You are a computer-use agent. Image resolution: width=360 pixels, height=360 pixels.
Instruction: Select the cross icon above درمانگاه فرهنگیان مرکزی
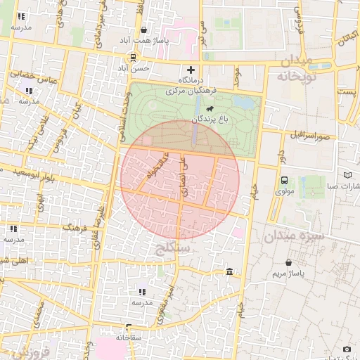tap(191, 70)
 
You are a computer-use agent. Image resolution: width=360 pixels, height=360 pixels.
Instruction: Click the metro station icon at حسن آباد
tap(133, 57)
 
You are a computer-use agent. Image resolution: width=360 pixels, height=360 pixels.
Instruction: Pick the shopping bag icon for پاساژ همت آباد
tap(144, 30)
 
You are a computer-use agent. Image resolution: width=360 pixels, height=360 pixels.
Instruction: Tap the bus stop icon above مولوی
tap(284, 179)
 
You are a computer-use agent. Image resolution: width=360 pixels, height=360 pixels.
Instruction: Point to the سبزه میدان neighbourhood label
tap(294, 236)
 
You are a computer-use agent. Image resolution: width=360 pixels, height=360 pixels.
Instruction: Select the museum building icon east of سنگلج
tap(230, 272)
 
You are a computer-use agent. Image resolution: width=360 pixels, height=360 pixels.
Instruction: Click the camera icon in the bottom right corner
tap(347, 349)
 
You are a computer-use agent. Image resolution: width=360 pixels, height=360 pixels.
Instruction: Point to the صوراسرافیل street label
tap(304, 134)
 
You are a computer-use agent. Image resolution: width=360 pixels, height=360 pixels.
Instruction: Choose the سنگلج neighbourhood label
tap(172, 247)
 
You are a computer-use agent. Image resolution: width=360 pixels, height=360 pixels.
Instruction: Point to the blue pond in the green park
tap(244, 103)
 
